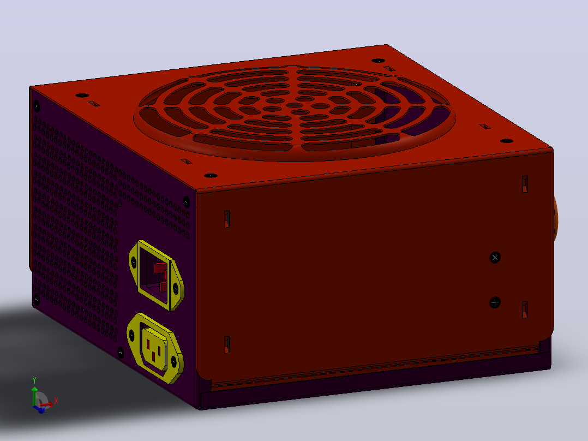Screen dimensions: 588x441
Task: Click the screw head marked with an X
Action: tap(495, 258)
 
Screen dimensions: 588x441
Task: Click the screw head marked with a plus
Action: tap(495, 302)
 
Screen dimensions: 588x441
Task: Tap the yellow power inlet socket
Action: tap(155, 348)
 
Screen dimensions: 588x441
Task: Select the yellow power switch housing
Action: tap(156, 275)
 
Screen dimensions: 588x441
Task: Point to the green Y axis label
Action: tap(34, 380)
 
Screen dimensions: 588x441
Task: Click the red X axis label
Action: tap(56, 401)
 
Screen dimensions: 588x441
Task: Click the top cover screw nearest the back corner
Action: tap(378, 61)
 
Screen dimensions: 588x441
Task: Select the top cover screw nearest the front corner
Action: tap(211, 176)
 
